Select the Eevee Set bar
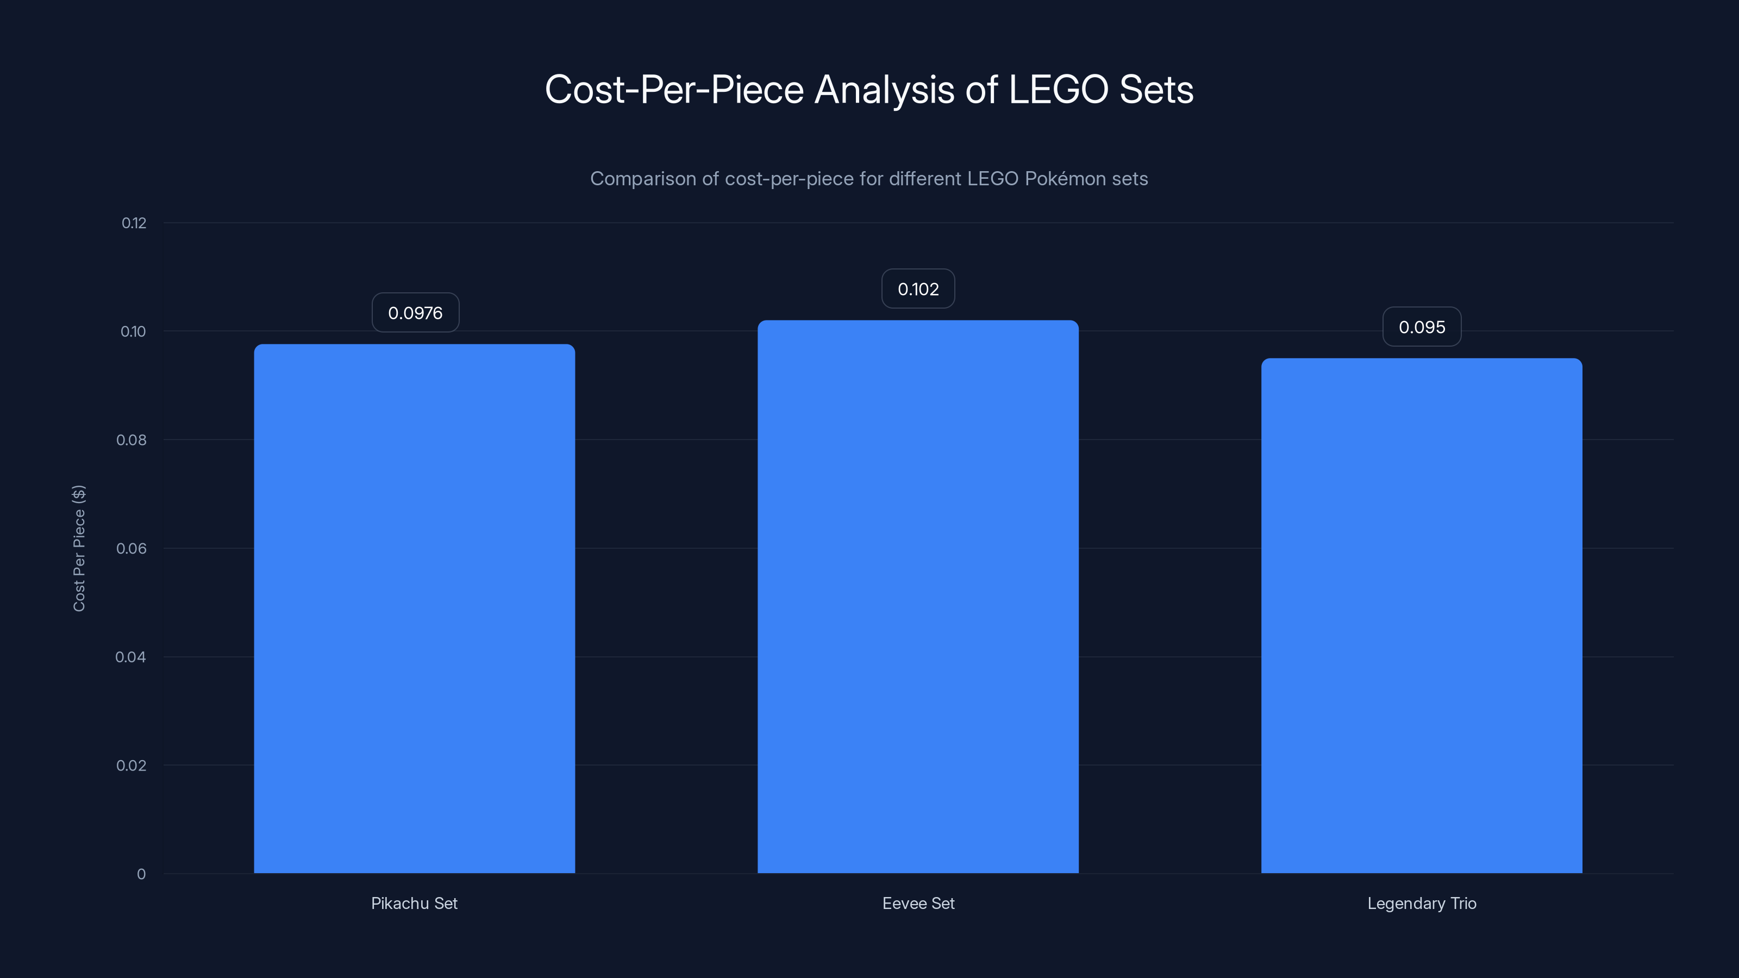pos(917,597)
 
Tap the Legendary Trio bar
pos(1421,616)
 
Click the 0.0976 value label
pos(415,313)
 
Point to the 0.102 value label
pos(918,290)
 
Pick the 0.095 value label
pos(1422,327)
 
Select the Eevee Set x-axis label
pos(918,903)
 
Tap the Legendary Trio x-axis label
pos(1422,903)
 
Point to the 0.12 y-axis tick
pos(134,223)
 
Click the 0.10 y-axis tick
pos(133,331)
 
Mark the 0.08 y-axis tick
pos(131,440)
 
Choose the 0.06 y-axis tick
pos(131,549)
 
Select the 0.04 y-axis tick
pos(130,657)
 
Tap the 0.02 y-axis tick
pos(131,766)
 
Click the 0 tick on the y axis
pos(141,874)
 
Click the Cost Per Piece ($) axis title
pos(79,548)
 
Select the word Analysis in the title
pos(884,90)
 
